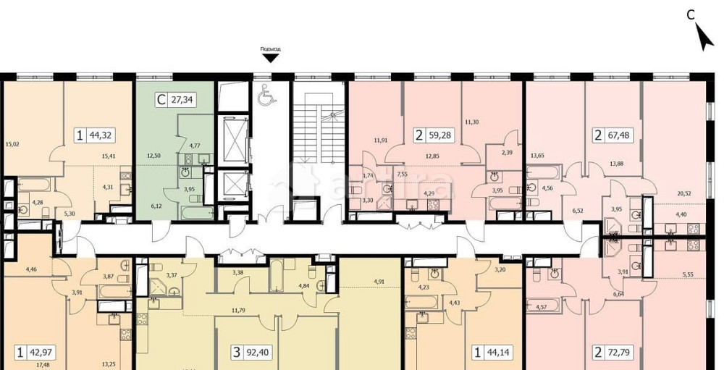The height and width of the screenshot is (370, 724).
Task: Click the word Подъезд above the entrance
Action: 270,49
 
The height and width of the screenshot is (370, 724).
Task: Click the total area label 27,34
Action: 182,101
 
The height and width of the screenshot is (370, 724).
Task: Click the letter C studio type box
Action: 160,101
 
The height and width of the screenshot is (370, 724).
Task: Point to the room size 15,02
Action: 12,143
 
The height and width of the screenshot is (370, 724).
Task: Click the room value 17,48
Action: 43,364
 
